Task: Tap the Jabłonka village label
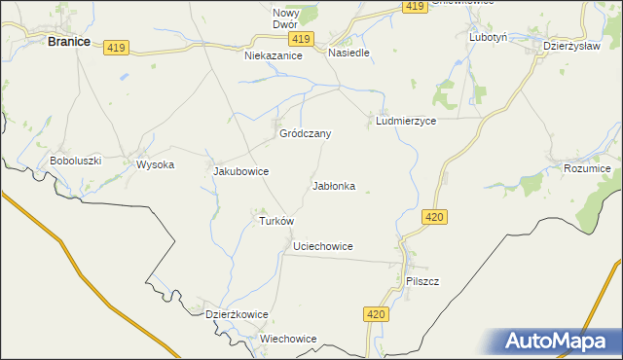(334, 185)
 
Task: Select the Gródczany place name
(306, 133)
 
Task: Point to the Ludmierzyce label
(405, 122)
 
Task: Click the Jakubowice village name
(240, 171)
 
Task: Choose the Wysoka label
(155, 164)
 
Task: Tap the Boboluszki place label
(76, 161)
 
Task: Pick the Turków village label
(275, 221)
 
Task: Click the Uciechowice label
(322, 247)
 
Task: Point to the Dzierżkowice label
(237, 314)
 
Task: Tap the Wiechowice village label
(288, 339)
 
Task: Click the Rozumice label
(587, 169)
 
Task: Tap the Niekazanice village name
(274, 56)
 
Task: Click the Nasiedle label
(348, 53)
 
